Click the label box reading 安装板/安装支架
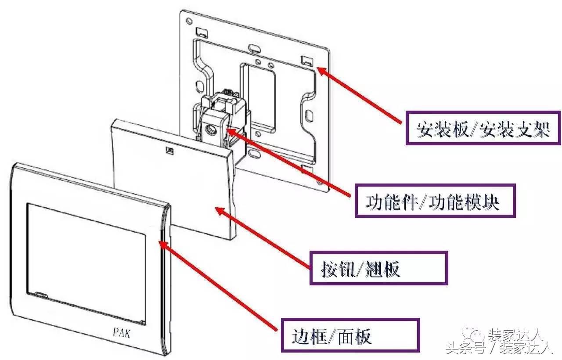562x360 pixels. tap(483, 129)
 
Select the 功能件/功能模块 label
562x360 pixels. tap(434, 201)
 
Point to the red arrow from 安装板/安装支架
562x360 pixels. tap(360, 95)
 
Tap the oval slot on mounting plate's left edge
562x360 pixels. tap(198, 85)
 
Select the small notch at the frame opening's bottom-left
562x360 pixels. tap(40, 295)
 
